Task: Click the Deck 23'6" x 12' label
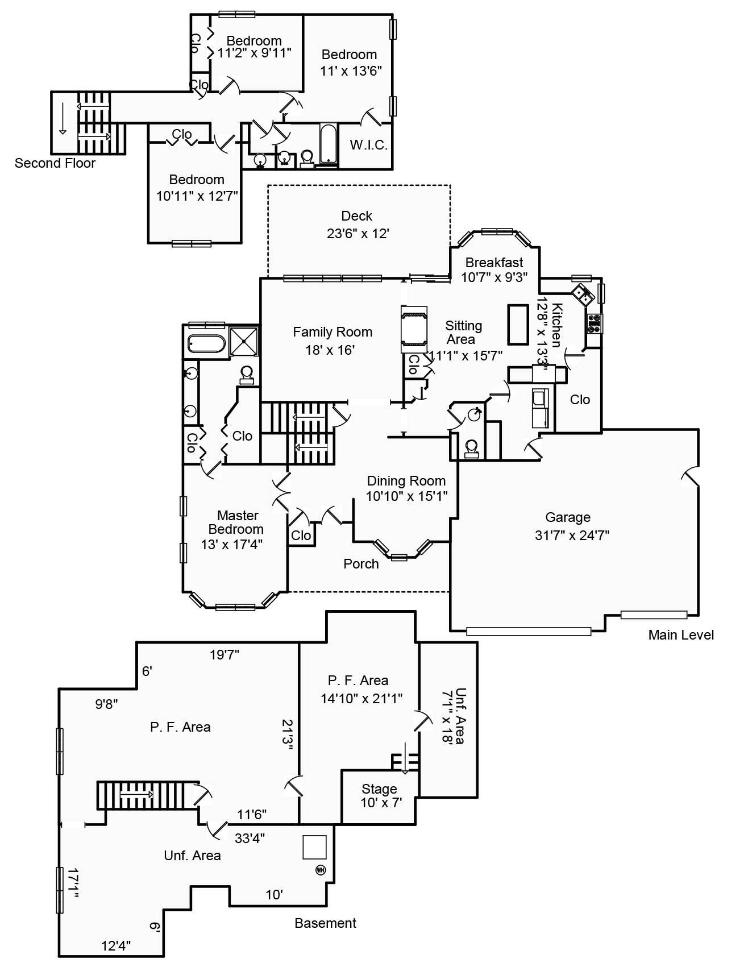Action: pyautogui.click(x=357, y=225)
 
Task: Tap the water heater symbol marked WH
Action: pyautogui.click(x=321, y=869)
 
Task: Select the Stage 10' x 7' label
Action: pyautogui.click(x=380, y=795)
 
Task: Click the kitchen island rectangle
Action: pyautogui.click(x=518, y=324)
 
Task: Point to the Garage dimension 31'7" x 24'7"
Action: pyautogui.click(x=571, y=535)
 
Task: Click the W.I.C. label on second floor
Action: pyautogui.click(x=368, y=145)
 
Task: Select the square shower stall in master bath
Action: pyautogui.click(x=245, y=341)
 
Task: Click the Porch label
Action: pyautogui.click(x=361, y=564)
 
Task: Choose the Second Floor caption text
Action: pyautogui.click(x=55, y=163)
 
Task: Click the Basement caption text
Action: pyautogui.click(x=325, y=923)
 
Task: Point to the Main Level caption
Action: pyautogui.click(x=680, y=635)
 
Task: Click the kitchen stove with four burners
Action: pyautogui.click(x=595, y=324)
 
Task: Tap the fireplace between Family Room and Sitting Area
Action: pyautogui.click(x=414, y=326)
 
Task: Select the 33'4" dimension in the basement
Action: pyautogui.click(x=250, y=837)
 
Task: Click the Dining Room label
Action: pyautogui.click(x=406, y=481)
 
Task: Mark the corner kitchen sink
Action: pyautogui.click(x=583, y=294)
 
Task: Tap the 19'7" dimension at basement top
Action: pyautogui.click(x=224, y=654)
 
